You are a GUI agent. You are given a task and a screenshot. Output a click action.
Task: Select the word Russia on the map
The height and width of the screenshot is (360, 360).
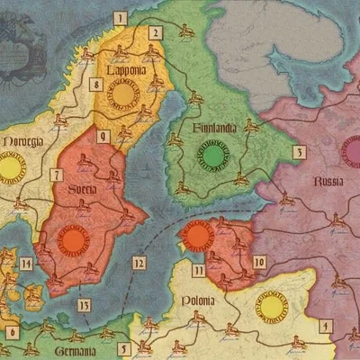[x=328, y=182]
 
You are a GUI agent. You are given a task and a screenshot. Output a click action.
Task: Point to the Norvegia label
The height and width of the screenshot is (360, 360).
[x=21, y=142]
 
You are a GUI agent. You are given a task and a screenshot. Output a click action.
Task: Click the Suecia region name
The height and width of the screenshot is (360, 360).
[x=85, y=190]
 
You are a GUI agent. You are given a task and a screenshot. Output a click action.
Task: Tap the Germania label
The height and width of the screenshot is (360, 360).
[x=75, y=350]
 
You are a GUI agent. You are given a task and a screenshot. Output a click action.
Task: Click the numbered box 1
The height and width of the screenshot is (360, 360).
[x=121, y=17]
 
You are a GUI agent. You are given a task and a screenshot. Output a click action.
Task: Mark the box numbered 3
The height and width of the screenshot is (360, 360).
[x=298, y=153]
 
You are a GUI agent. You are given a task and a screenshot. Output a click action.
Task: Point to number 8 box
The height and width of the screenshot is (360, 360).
[x=95, y=85]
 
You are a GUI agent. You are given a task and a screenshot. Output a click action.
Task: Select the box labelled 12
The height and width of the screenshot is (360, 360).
[x=138, y=264]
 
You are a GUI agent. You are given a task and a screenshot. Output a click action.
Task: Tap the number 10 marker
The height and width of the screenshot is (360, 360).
[x=259, y=262]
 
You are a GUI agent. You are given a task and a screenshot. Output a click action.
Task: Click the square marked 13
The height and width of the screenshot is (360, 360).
[x=84, y=304]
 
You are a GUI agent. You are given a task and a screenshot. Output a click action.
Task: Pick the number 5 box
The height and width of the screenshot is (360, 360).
[x=124, y=348]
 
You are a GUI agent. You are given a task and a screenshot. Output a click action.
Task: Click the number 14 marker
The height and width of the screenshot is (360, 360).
[x=26, y=264]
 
